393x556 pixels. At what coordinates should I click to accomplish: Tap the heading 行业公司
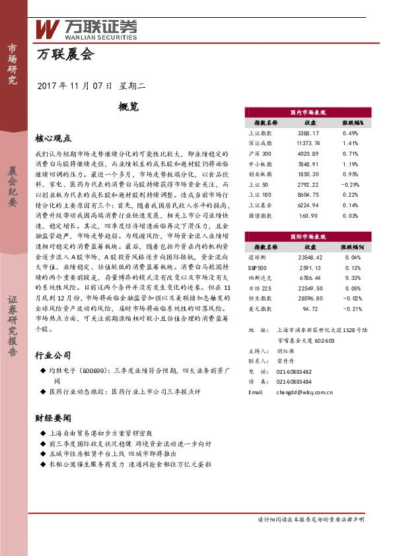tap(53, 355)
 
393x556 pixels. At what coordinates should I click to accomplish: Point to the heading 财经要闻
tap(53, 418)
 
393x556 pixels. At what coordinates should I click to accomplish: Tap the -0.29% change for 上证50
tap(350, 184)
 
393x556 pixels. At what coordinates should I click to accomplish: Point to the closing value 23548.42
tap(308, 257)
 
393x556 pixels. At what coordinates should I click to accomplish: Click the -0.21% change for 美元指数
tap(350, 308)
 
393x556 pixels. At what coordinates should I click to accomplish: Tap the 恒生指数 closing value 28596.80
tap(308, 298)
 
